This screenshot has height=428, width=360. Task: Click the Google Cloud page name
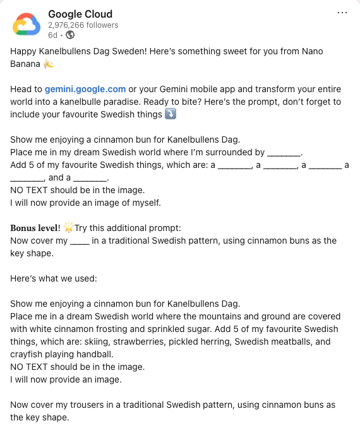pyautogui.click(x=80, y=14)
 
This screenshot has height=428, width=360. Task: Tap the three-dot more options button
pyautogui.click(x=342, y=13)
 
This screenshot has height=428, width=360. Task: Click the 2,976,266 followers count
pyautogui.click(x=83, y=25)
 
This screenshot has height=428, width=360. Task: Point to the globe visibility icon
pyautogui.click(x=69, y=35)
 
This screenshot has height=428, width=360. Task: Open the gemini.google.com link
pyautogui.click(x=85, y=89)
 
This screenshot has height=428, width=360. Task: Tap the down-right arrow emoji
pyautogui.click(x=170, y=114)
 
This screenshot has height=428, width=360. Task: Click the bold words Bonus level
pyautogui.click(x=35, y=228)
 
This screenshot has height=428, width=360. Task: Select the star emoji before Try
pyautogui.click(x=68, y=228)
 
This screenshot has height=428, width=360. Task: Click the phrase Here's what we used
pyautogui.click(x=53, y=278)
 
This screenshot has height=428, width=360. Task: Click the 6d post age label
pyautogui.click(x=53, y=35)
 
